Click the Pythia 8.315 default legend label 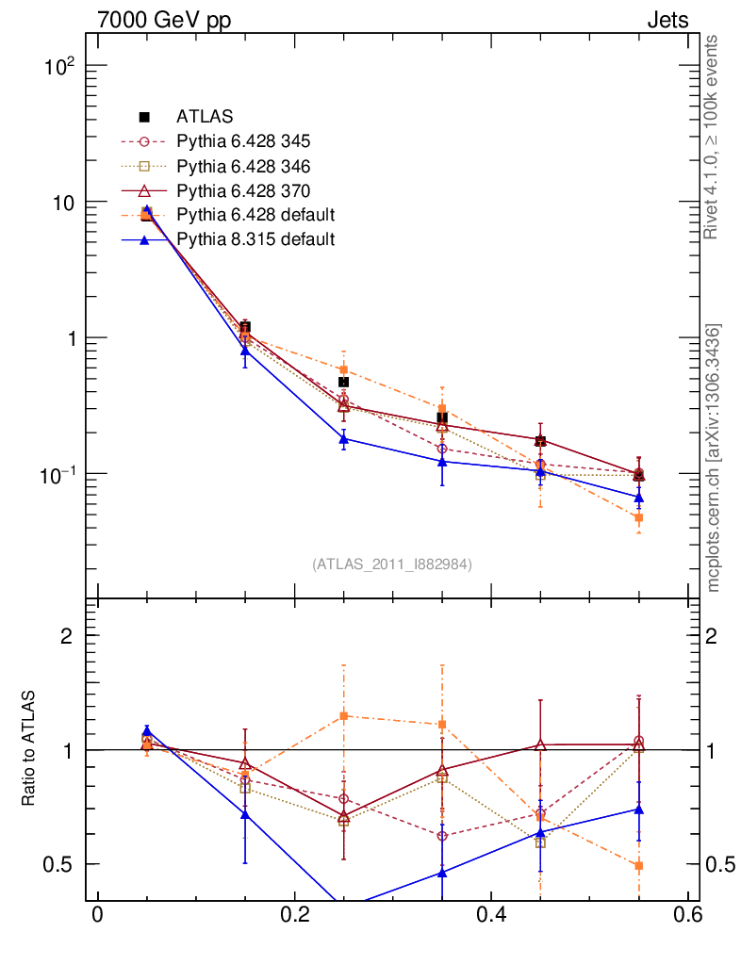tap(255, 239)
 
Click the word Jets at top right tap(667, 20)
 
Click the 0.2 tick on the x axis tap(294, 916)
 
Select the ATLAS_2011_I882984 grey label tap(392, 564)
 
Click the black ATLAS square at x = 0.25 tap(344, 382)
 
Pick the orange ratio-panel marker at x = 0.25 tap(344, 716)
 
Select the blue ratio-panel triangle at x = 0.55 tap(639, 810)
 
